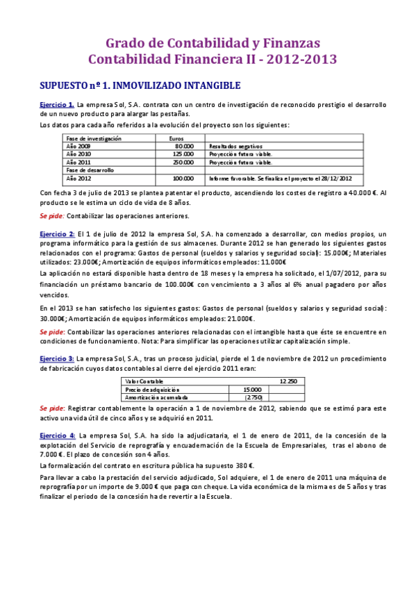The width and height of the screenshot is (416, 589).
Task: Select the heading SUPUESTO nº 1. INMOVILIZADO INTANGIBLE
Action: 140,85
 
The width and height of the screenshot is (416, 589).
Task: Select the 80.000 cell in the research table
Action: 184,147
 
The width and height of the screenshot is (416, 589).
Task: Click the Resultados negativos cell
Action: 235,147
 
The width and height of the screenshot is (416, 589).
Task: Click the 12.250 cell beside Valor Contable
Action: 288,381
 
